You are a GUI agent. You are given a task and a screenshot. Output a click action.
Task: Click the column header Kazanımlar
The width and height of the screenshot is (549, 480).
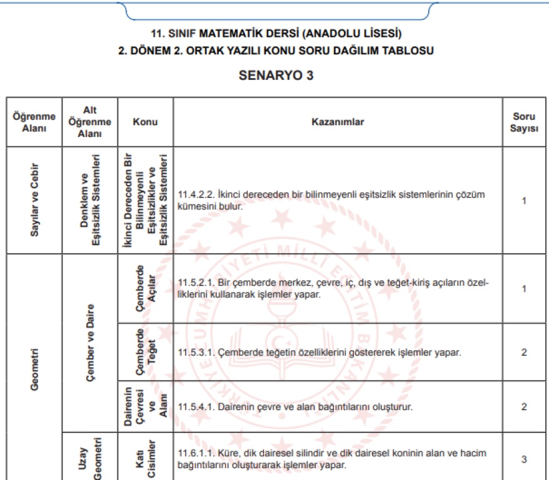click(x=337, y=122)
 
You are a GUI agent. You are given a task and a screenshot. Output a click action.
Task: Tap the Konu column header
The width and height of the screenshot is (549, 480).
click(x=145, y=122)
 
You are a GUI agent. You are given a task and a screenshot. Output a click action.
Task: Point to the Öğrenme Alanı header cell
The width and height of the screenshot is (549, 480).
click(x=34, y=122)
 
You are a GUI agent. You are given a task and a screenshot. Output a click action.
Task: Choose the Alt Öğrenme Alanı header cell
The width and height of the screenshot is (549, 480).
click(x=89, y=121)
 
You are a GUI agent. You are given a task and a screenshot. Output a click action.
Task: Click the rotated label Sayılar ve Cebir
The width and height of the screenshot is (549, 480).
click(x=34, y=200)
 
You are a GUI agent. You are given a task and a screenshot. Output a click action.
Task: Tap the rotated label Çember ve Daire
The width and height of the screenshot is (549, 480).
click(x=89, y=342)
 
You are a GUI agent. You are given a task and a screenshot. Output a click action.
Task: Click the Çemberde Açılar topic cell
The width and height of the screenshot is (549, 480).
click(x=145, y=288)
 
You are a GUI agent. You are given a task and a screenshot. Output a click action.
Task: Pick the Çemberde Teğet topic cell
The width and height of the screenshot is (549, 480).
click(x=145, y=352)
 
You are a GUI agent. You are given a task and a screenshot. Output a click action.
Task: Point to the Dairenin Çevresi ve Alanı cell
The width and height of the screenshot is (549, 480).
click(x=145, y=406)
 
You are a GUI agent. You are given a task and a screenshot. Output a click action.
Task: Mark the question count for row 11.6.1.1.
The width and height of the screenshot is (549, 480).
click(x=524, y=459)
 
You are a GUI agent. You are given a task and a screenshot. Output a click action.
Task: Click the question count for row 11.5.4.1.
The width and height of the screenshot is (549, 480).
click(x=524, y=407)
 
